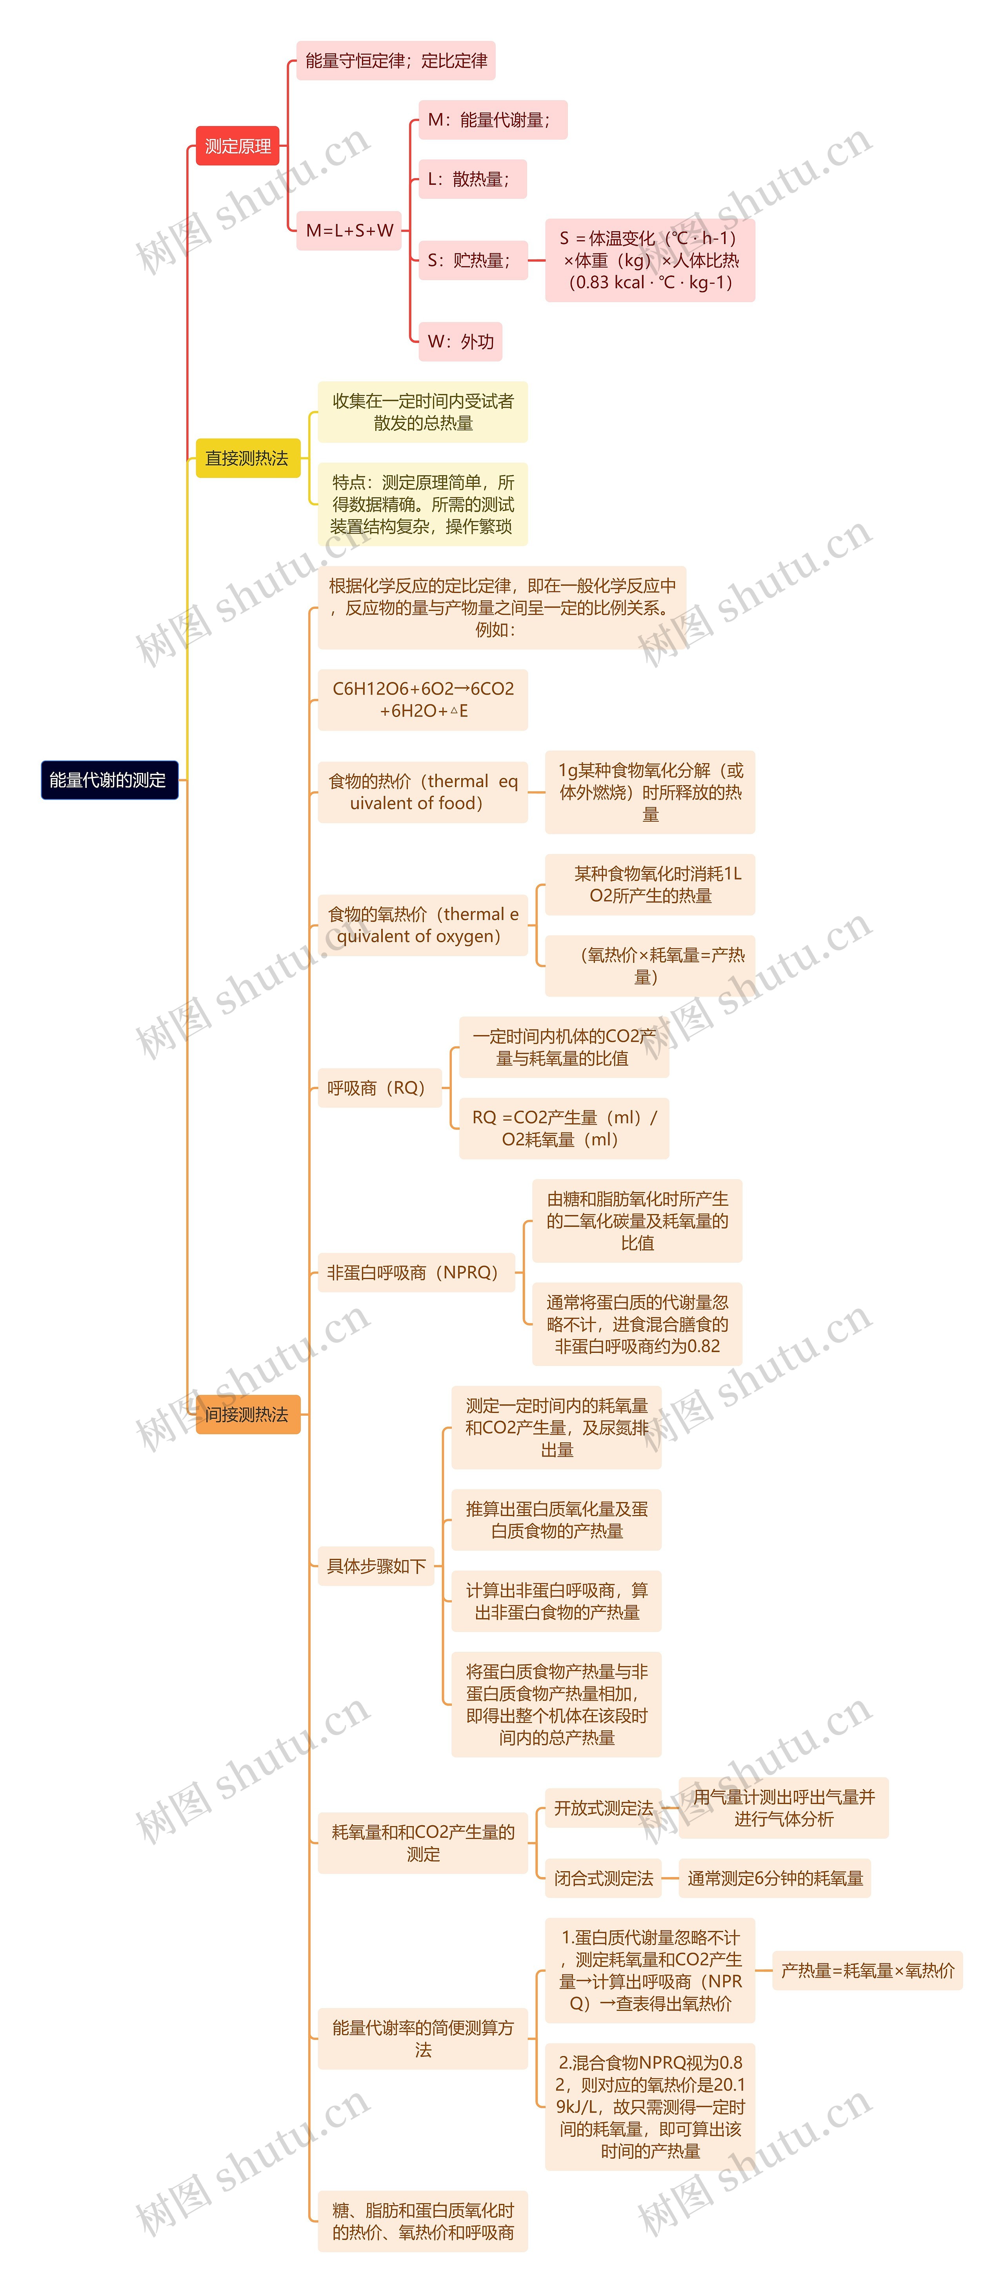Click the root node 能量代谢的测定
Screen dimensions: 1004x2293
coord(109,780)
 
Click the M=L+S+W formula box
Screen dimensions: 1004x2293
coord(349,231)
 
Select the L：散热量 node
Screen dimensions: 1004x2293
coord(472,179)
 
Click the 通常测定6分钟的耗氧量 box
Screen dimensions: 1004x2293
coord(774,1878)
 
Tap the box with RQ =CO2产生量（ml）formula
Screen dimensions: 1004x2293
coord(564,1128)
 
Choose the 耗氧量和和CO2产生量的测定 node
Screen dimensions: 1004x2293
coord(423,1843)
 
